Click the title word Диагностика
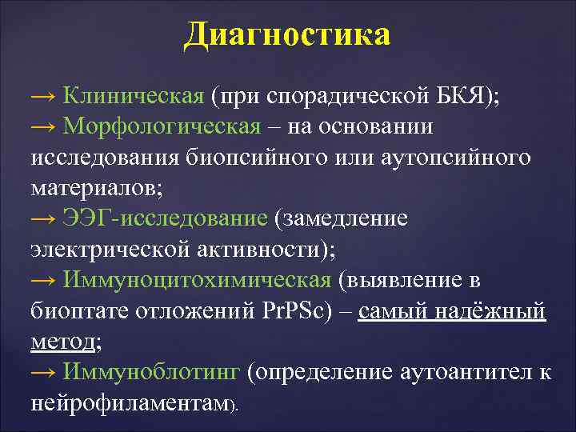[x=287, y=34]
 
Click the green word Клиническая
[x=134, y=97]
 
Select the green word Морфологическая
[x=162, y=127]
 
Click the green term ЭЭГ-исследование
[x=166, y=218]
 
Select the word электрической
[x=111, y=249]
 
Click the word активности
[x=263, y=249]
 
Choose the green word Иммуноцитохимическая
[x=197, y=279]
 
